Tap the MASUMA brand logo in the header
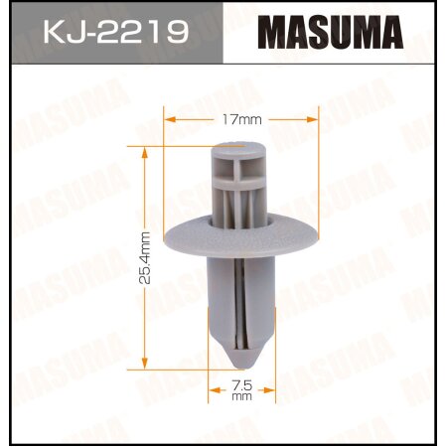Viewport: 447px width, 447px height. [330, 34]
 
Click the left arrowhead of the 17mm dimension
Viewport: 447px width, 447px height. [168, 118]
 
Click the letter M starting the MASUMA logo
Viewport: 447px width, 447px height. [275, 34]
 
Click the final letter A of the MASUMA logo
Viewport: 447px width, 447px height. [389, 34]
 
